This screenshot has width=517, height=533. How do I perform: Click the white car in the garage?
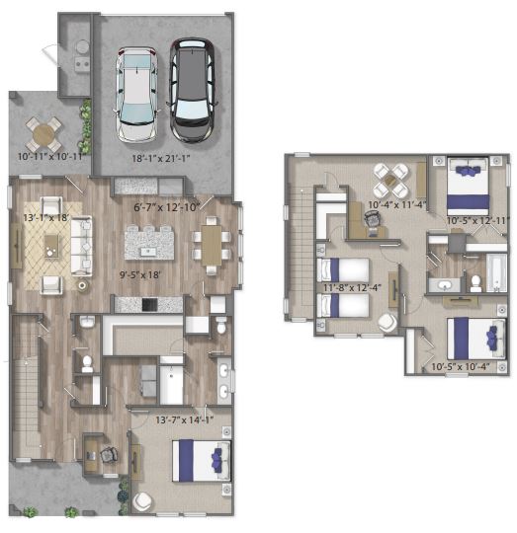click(x=136, y=95)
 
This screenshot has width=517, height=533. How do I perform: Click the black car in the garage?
click(x=193, y=91)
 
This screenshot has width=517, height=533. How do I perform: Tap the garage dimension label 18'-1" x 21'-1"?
click(x=161, y=158)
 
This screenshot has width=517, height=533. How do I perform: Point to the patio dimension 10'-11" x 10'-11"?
click(x=50, y=157)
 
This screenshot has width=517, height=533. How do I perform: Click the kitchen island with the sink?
click(x=149, y=243)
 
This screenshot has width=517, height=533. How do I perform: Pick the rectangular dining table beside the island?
click(x=212, y=245)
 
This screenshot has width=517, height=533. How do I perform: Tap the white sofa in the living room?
click(x=81, y=246)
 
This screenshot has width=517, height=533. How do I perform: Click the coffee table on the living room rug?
click(x=51, y=246)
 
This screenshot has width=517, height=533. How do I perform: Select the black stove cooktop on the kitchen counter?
click(x=149, y=305)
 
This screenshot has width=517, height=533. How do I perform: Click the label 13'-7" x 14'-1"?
click(x=185, y=420)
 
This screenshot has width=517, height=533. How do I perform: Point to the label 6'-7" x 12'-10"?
click(x=167, y=206)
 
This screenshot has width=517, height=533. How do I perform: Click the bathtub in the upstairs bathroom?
click(x=496, y=273)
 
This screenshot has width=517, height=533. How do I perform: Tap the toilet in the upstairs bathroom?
click(x=475, y=283)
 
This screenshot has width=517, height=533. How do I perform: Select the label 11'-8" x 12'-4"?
click(x=352, y=287)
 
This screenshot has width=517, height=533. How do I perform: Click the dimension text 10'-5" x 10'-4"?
click(x=461, y=367)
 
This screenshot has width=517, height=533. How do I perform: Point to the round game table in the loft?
click(x=390, y=181)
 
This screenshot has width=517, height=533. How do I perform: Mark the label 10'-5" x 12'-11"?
click(x=478, y=220)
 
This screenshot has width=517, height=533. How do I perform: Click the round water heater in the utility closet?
click(x=82, y=47)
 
